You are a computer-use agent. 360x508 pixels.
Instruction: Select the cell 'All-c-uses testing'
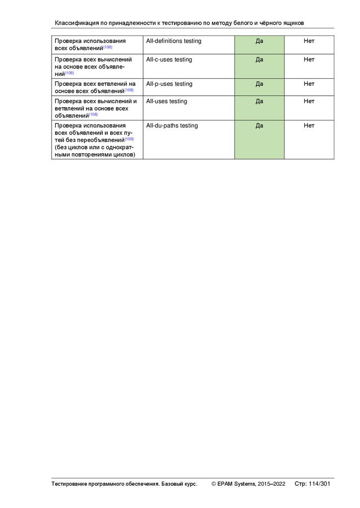point(169,60)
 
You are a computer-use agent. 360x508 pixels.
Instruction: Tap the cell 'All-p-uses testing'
point(169,84)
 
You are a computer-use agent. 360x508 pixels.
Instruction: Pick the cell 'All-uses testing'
point(166,101)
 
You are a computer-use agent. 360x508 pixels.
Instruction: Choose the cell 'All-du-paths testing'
point(172,126)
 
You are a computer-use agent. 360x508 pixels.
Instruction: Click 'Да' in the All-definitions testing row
point(259,41)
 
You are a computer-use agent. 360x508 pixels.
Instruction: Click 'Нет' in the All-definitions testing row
point(309,41)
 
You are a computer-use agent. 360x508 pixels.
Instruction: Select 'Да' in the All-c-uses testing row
point(259,60)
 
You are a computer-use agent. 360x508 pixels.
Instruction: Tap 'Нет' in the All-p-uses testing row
point(309,84)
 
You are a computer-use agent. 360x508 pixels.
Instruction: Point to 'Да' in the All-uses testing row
point(259,101)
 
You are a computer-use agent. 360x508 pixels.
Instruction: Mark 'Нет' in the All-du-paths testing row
point(309,126)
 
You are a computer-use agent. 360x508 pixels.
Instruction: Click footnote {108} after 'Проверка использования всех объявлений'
point(108,47)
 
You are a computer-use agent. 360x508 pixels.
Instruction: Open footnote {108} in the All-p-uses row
point(129,90)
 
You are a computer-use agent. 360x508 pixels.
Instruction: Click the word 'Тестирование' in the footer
point(70,484)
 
